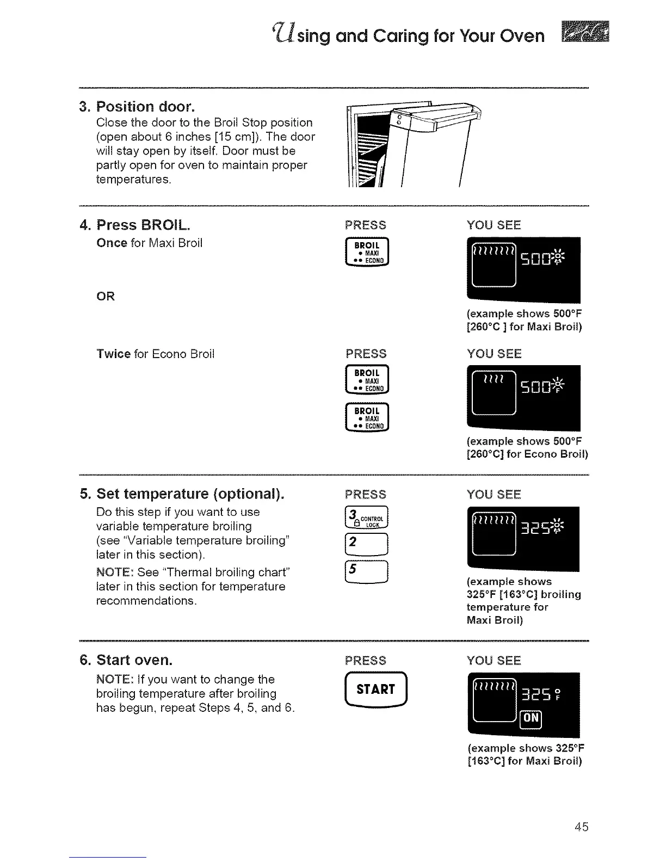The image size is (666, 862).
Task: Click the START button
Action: click(375, 689)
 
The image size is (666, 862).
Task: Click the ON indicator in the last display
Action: click(531, 718)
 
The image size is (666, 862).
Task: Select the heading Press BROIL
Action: click(143, 225)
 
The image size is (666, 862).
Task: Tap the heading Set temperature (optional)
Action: click(190, 494)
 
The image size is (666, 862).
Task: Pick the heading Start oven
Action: click(134, 660)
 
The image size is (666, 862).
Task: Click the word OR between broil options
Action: click(106, 297)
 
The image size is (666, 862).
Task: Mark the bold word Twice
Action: click(113, 354)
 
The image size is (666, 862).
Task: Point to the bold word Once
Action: click(112, 243)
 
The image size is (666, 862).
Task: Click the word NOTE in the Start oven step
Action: click(113, 680)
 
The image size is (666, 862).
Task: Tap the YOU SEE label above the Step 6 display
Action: click(494, 661)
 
